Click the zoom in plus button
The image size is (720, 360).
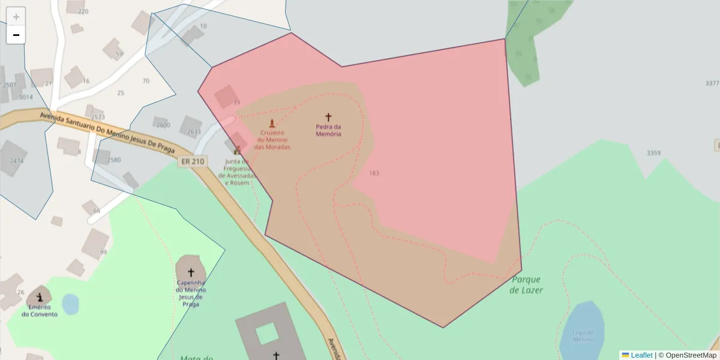click(x=16, y=17)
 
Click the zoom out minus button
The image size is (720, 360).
click(x=16, y=35)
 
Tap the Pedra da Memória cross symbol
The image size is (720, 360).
click(x=328, y=117)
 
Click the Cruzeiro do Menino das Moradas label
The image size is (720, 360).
click(x=272, y=140)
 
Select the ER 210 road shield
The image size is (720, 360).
click(x=192, y=161)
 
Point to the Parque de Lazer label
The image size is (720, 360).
click(x=526, y=285)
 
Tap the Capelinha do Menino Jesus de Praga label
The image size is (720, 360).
click(x=191, y=293)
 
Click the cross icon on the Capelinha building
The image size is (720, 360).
click(x=191, y=272)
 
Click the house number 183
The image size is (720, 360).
click(x=374, y=173)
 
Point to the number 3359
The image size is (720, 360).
click(x=653, y=153)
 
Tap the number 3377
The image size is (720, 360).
click(x=712, y=83)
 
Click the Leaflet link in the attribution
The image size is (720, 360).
click(x=641, y=355)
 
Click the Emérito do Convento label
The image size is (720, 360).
click(x=40, y=311)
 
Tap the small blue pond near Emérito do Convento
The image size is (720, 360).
click(x=70, y=304)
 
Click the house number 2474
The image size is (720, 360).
click(x=16, y=161)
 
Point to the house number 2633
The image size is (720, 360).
click(x=194, y=131)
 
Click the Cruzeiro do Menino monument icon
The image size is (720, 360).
click(x=272, y=124)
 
